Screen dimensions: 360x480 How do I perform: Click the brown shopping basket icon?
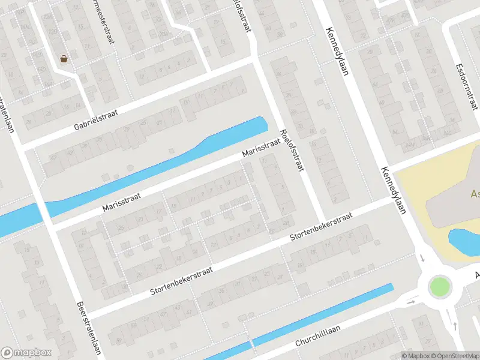click(64, 59)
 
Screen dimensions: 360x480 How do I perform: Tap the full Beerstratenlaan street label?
click(87, 328)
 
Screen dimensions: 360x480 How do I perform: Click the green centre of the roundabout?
click(439, 286)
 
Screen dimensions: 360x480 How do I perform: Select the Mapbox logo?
click(26, 353)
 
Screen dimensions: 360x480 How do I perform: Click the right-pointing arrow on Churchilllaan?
click(411, 301)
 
